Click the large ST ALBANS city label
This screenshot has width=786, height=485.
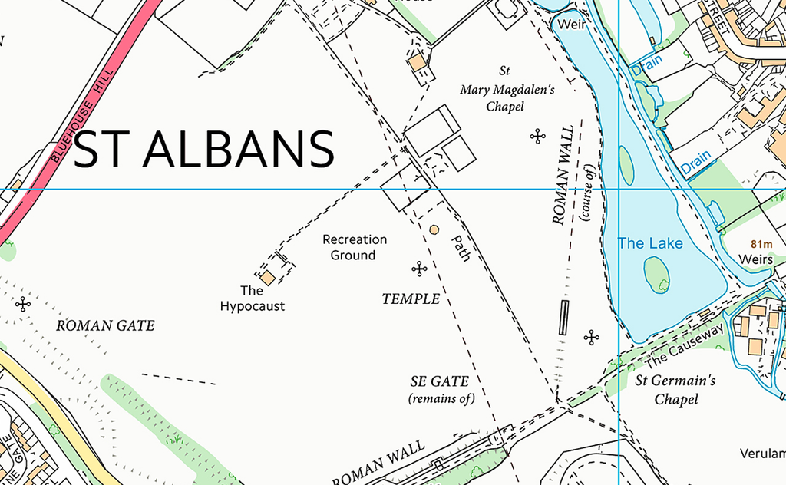tap(204, 149)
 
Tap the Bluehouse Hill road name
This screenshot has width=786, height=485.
tap(81, 116)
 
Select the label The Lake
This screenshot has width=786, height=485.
tap(650, 243)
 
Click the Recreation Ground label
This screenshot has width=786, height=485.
tap(354, 247)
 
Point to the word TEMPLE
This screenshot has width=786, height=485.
tap(411, 299)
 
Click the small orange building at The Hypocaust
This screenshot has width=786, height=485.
tap(266, 277)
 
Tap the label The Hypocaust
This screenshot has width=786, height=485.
tap(252, 299)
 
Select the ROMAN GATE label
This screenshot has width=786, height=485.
tap(105, 325)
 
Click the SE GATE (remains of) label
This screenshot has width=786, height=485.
tap(441, 389)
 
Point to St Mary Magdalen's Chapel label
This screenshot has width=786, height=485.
tap(507, 89)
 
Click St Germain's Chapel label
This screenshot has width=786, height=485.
tap(675, 389)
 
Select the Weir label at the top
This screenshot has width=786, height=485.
tap(571, 25)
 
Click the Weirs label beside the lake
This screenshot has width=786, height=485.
tap(755, 259)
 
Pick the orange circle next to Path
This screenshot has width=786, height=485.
tap(434, 229)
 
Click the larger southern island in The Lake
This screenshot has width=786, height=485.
tap(656, 274)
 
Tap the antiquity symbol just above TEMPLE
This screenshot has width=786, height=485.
tap(419, 269)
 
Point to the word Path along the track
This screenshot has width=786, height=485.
tap(458, 248)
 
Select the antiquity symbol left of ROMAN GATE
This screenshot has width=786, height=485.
tap(24, 304)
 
